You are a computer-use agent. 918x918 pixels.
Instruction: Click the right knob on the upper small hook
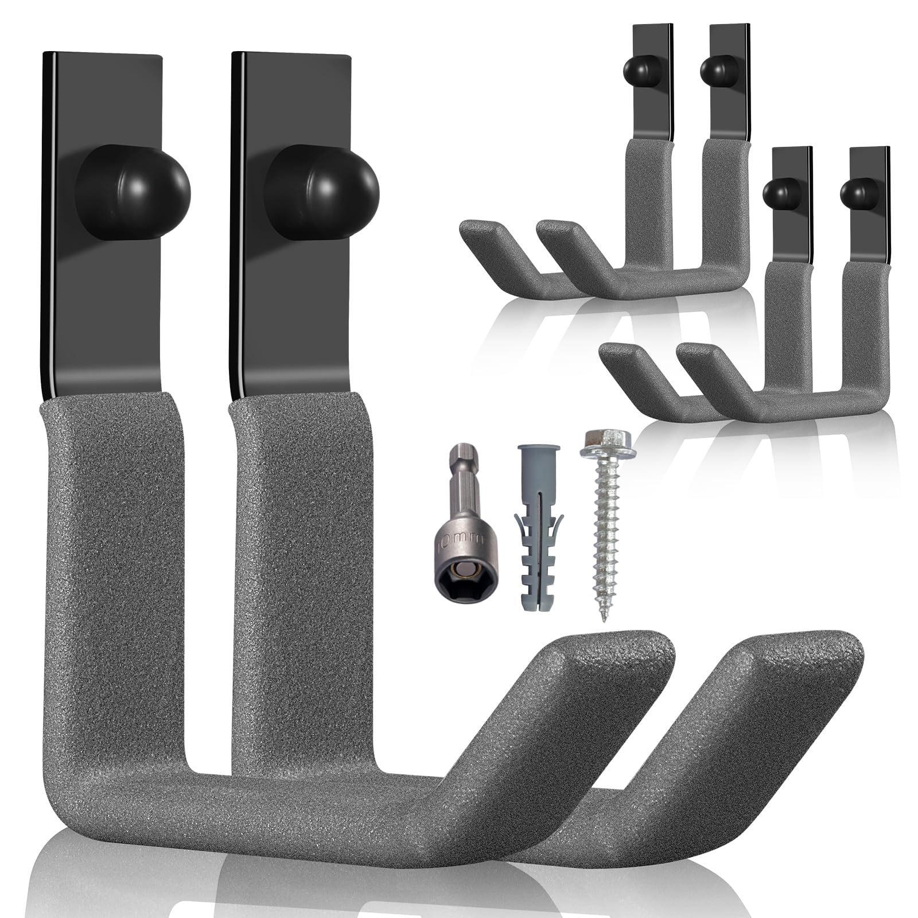point(719,71)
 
